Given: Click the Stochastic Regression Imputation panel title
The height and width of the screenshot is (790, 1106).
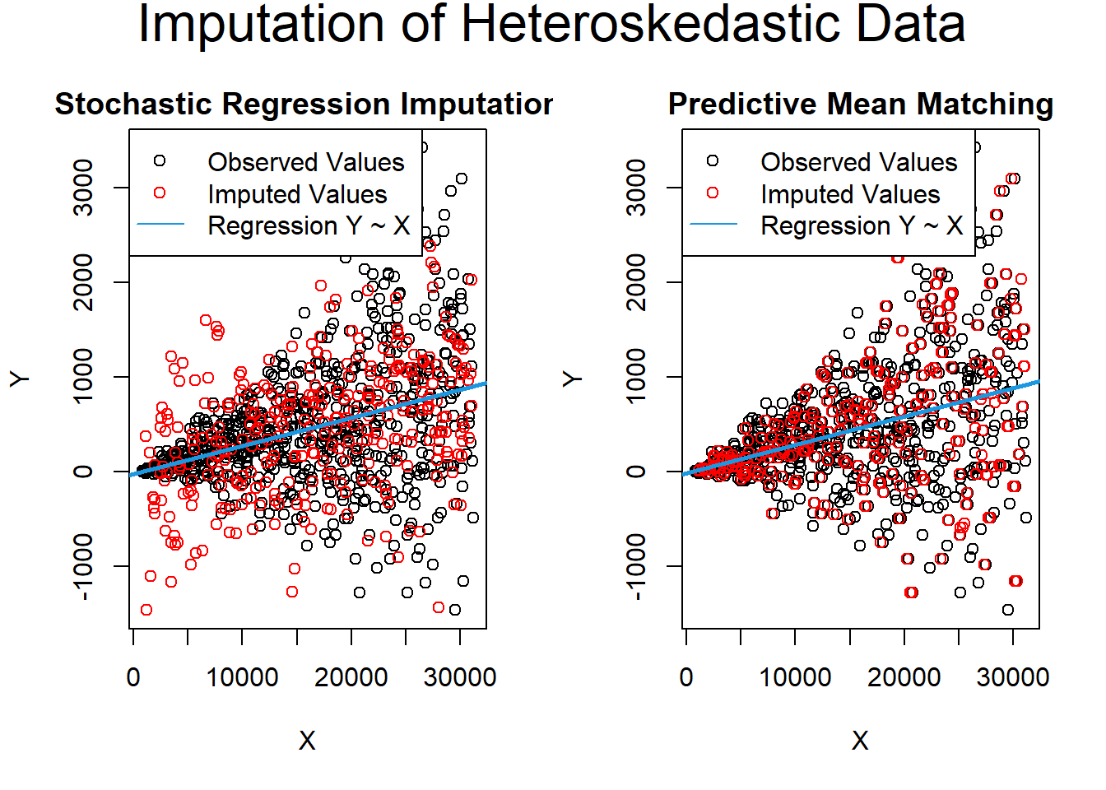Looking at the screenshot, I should (304, 105).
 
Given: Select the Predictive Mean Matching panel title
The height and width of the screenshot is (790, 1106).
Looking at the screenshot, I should (860, 105).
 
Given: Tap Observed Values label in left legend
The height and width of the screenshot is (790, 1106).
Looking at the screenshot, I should (305, 162).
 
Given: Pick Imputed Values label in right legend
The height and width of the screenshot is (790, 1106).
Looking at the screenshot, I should (850, 194).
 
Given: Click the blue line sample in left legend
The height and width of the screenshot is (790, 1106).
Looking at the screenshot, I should (160, 224).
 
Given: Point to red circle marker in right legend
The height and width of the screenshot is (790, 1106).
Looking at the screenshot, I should (713, 193).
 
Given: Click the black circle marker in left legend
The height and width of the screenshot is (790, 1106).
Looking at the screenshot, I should (160, 160).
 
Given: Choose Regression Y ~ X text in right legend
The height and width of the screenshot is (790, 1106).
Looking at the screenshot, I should (862, 225).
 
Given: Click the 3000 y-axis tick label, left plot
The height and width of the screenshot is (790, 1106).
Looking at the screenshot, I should (83, 188).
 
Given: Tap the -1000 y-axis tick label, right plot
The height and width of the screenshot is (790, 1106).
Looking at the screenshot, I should (636, 566).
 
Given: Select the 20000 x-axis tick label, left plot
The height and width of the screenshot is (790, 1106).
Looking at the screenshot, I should (351, 677).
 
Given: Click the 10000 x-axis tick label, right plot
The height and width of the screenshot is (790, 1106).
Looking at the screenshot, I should (795, 677).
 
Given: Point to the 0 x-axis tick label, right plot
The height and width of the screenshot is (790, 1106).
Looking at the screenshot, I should (686, 677).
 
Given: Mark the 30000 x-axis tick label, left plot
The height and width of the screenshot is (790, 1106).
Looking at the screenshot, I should (460, 677).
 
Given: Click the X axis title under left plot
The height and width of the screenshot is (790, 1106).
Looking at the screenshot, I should (307, 741).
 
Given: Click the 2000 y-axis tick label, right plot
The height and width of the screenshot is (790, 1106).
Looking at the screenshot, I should (636, 282).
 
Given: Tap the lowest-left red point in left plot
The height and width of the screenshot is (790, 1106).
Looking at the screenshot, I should (146, 610).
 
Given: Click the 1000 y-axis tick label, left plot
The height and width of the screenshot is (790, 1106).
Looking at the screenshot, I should (83, 377).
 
